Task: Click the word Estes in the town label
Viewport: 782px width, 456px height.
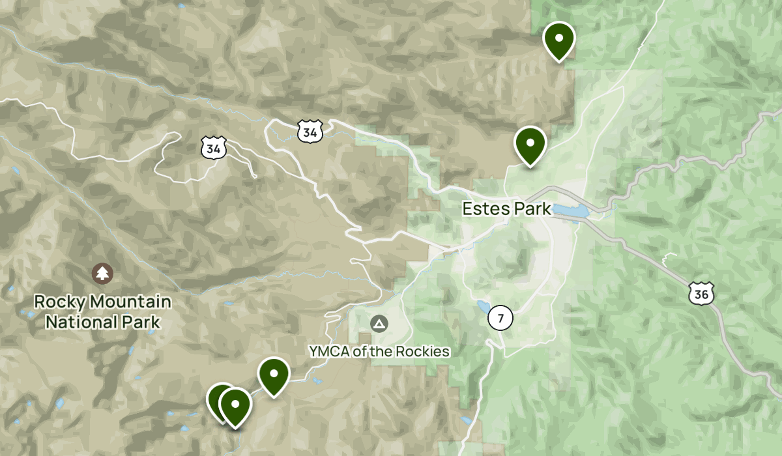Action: click(483, 209)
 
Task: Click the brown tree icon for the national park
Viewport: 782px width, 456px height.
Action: click(102, 273)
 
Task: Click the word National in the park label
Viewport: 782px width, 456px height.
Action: click(77, 322)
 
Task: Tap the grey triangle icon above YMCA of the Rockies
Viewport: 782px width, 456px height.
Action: click(378, 323)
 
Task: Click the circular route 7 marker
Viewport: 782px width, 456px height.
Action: click(500, 319)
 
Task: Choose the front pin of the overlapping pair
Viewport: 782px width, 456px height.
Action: click(235, 405)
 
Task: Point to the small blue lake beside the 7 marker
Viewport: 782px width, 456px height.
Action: click(482, 307)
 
